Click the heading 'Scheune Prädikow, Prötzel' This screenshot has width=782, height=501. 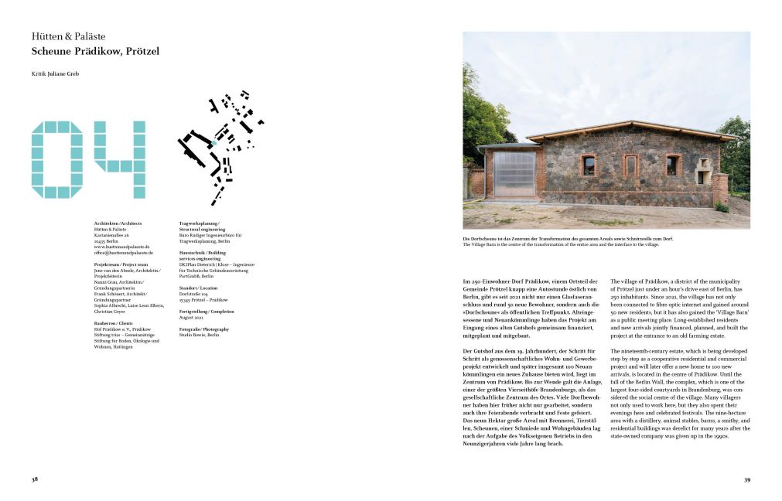coord(95,52)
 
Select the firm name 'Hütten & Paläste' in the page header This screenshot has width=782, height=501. coord(68,36)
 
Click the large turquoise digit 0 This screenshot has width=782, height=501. coord(56,159)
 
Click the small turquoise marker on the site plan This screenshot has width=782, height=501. coord(214,143)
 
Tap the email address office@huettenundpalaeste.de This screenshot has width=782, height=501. coord(124,252)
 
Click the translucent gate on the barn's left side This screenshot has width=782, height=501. coord(514,173)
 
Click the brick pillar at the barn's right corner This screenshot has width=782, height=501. coord(720,189)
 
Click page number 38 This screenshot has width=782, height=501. coord(35,479)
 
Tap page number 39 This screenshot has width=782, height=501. coord(747,479)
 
